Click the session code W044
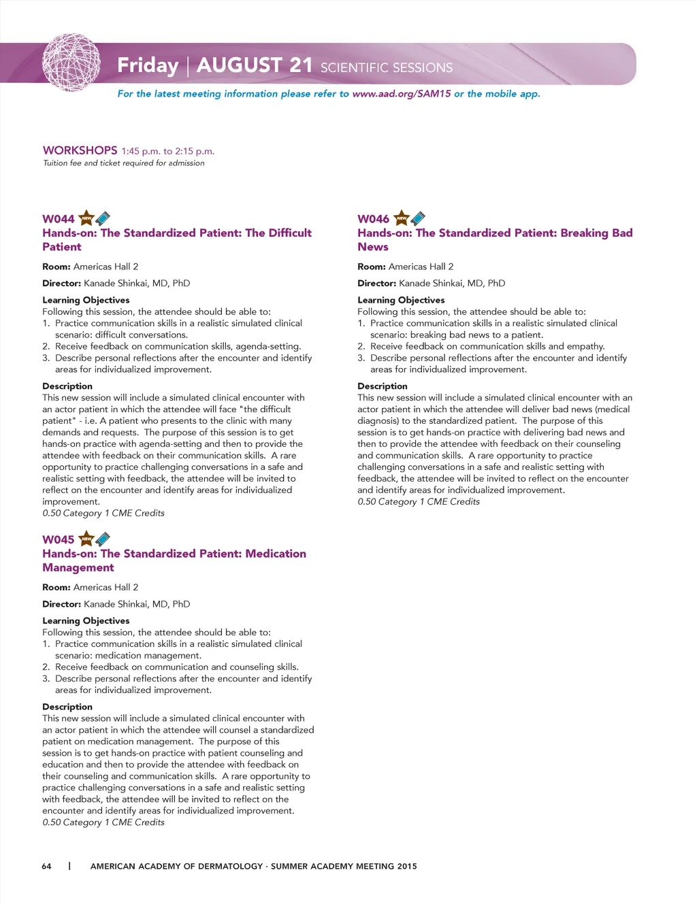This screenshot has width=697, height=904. click(x=59, y=219)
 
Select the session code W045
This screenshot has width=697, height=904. click(x=59, y=539)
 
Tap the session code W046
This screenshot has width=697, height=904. click(x=374, y=219)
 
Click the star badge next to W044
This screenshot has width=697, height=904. click(x=86, y=218)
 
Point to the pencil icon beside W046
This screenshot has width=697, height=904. click(x=418, y=218)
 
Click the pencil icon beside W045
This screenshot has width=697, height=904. click(x=103, y=539)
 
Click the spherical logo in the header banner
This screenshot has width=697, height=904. click(x=71, y=63)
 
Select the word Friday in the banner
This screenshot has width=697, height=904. click(x=148, y=65)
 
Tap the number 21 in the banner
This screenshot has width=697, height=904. click(x=301, y=65)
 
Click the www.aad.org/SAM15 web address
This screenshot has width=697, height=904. click(x=402, y=94)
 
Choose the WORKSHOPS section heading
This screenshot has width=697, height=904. click(x=80, y=150)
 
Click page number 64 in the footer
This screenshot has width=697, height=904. click(x=46, y=866)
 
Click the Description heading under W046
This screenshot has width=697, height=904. click(x=383, y=386)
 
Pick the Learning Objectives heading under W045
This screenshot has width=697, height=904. click(x=86, y=620)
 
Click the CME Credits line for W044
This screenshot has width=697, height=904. click(x=103, y=513)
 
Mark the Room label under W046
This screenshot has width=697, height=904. click(x=372, y=267)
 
